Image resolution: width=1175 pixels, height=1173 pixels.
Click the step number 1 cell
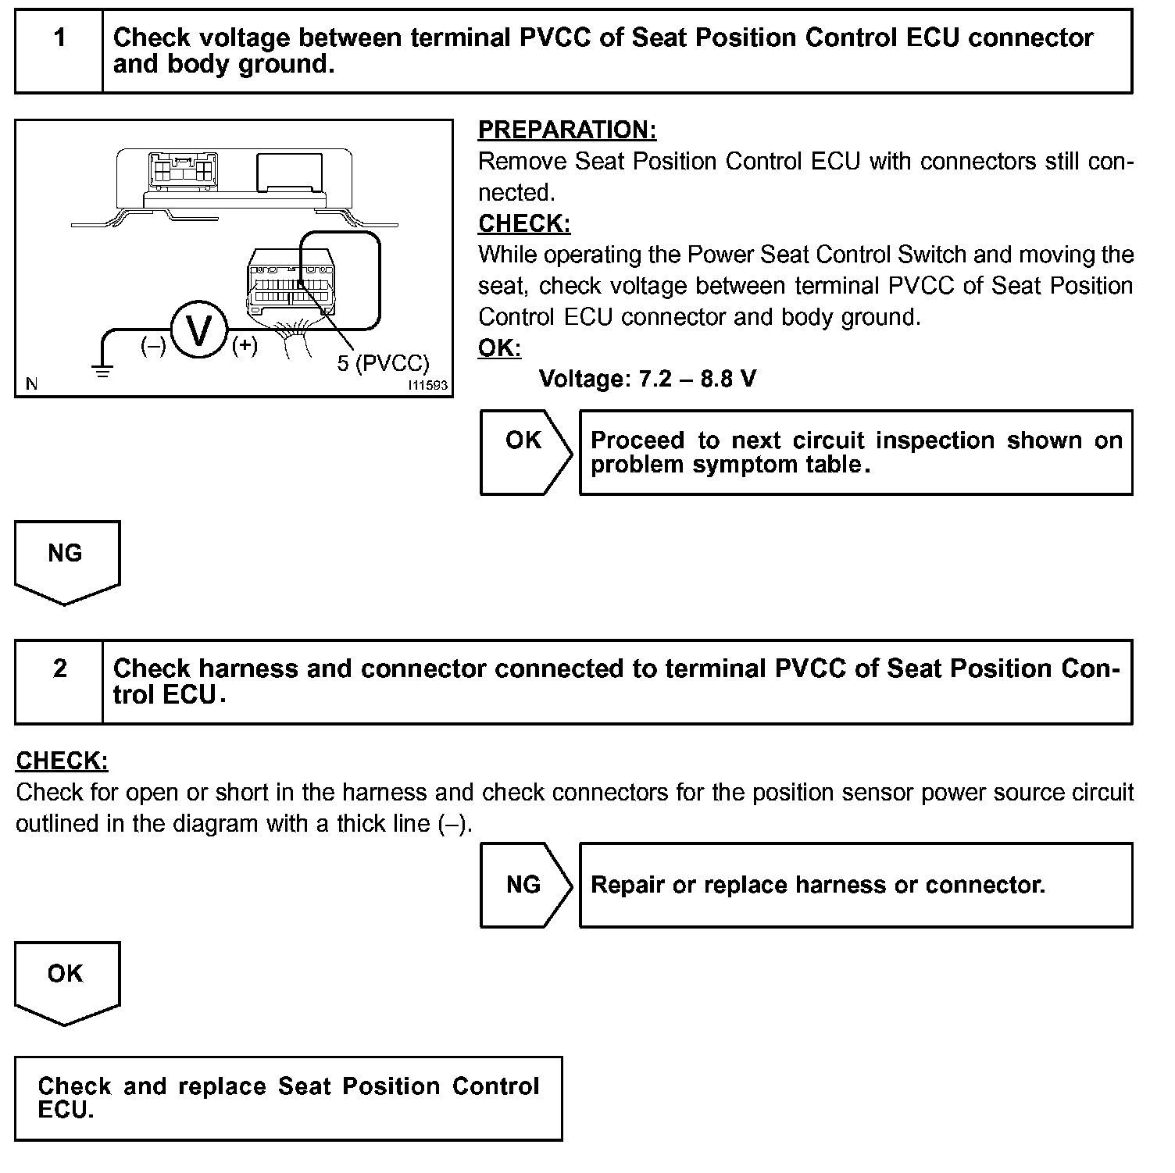click(59, 52)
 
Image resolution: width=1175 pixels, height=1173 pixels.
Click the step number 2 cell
click(59, 682)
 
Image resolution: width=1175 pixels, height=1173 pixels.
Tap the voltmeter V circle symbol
click(199, 330)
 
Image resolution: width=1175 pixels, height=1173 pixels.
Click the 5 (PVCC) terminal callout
click(383, 363)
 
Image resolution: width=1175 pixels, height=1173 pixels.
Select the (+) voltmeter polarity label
click(245, 345)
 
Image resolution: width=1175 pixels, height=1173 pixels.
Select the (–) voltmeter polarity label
click(152, 345)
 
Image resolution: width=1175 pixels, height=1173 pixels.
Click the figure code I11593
click(427, 385)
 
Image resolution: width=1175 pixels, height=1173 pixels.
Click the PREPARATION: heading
click(567, 130)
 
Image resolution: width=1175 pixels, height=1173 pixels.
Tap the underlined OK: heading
click(499, 348)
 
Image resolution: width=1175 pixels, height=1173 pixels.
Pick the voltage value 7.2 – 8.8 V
click(648, 380)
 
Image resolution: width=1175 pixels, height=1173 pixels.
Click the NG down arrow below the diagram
click(66, 560)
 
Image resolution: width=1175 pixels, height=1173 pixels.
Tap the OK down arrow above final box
click(66, 980)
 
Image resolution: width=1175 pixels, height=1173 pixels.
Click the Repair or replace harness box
click(855, 885)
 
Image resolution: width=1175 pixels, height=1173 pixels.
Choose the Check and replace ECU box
click(288, 1098)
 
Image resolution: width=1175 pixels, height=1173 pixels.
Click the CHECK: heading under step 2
click(62, 761)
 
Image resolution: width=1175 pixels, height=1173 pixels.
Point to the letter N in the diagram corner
click(32, 383)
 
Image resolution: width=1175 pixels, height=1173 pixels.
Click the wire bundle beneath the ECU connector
click(296, 341)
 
